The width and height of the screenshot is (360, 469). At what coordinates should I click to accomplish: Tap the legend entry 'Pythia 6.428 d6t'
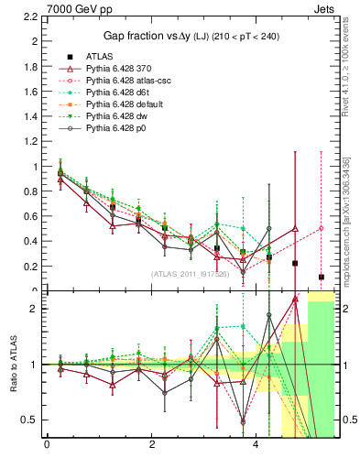(x=120, y=92)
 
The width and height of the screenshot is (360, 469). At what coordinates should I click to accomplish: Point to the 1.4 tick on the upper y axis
(x=30, y=117)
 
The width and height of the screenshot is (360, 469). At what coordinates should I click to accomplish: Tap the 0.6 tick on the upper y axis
(x=30, y=217)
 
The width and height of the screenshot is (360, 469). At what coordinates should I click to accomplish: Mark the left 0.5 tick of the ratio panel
(x=30, y=420)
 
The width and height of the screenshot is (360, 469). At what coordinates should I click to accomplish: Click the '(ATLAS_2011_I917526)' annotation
(x=190, y=273)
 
